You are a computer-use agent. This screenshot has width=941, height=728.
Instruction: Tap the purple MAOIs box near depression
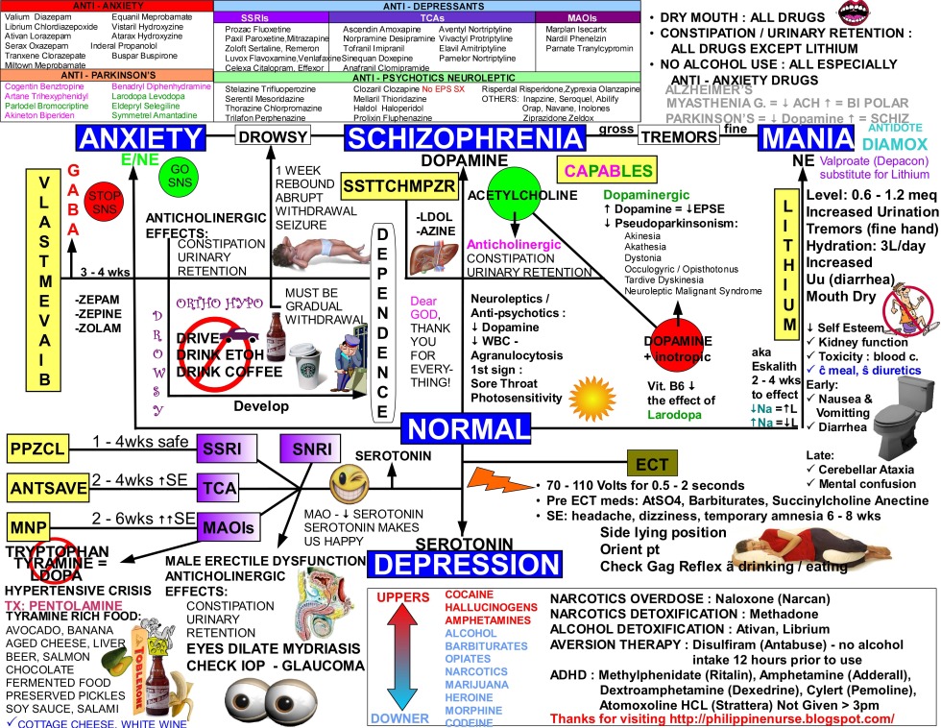coord(228,527)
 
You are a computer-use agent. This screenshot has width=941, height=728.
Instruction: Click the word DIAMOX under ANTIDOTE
coord(895,145)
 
